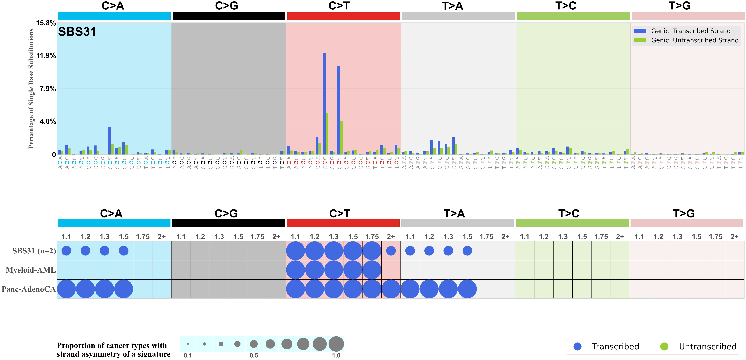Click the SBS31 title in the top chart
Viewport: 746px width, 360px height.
pyautogui.click(x=77, y=32)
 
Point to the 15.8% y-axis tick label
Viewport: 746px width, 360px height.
pyautogui.click(x=46, y=23)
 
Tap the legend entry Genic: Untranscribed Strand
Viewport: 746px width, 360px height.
pyautogui.click(x=694, y=40)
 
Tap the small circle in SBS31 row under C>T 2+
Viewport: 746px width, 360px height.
pyautogui.click(x=391, y=251)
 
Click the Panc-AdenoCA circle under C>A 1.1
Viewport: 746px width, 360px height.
pyautogui.click(x=66, y=289)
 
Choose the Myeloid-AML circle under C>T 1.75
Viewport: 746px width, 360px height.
pyautogui.click(x=372, y=270)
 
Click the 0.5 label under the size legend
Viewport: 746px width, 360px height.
pyautogui.click(x=254, y=355)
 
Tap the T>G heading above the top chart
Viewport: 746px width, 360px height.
pyautogui.click(x=679, y=6)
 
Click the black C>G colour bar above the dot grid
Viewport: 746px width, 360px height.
pyautogui.click(x=229, y=223)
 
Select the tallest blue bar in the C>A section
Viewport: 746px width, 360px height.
pyautogui.click(x=109, y=140)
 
